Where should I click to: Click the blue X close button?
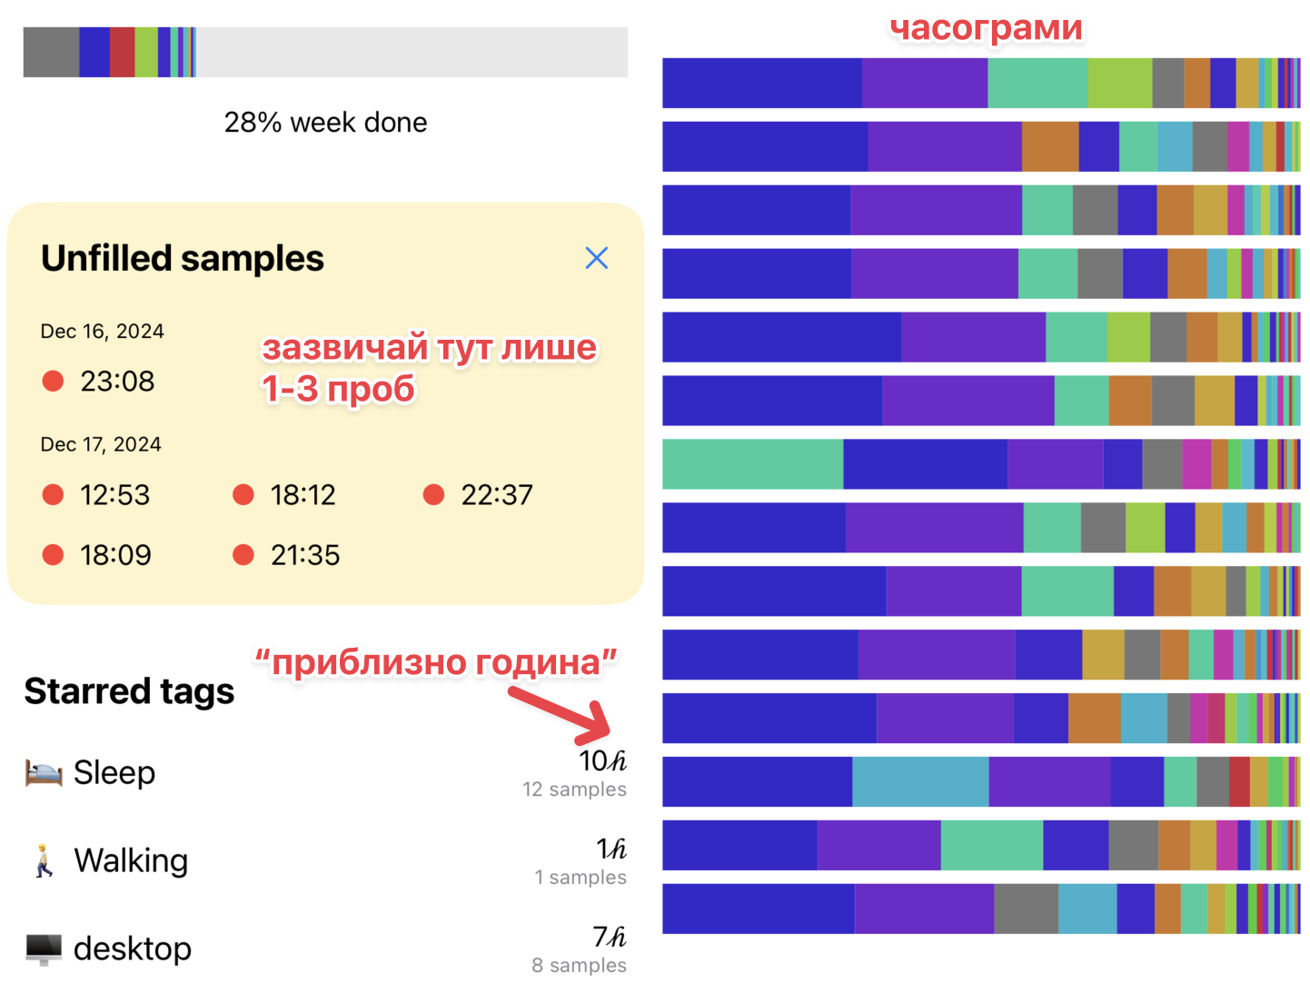596,258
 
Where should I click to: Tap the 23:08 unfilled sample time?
117,381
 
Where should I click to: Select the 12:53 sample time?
114,494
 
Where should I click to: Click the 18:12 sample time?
303,494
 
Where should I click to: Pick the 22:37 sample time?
496,494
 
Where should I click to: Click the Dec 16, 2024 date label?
102,331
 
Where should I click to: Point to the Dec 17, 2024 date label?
100,444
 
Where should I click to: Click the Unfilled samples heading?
182,258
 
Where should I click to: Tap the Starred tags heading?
129,691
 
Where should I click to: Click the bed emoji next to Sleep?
44,772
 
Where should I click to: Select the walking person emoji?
44,860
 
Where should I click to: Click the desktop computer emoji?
44,949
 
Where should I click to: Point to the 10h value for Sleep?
602,761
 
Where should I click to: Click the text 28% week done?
325,123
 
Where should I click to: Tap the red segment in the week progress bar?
122,52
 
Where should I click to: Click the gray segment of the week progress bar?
51,52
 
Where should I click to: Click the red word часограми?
986,28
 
